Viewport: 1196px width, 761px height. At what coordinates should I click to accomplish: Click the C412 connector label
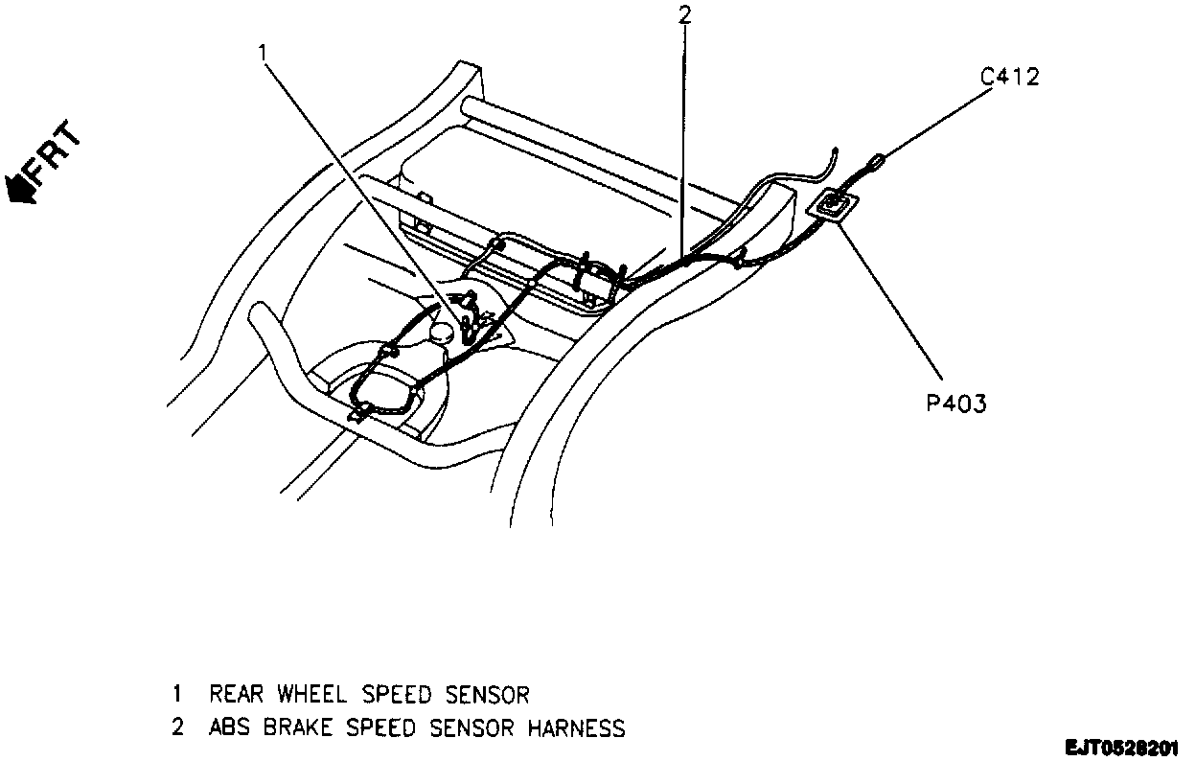1010,77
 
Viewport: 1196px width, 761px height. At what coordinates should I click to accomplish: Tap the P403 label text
956,404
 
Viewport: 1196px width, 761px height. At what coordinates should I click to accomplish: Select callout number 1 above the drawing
263,54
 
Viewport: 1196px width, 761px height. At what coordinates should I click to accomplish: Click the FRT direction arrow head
19,187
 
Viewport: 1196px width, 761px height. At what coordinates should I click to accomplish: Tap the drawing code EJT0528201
1123,746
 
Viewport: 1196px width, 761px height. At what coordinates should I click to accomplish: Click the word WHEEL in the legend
312,693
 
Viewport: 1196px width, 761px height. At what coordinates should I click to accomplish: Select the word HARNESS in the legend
577,728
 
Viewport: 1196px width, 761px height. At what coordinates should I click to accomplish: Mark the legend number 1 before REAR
177,693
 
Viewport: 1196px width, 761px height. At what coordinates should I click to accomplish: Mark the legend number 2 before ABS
177,728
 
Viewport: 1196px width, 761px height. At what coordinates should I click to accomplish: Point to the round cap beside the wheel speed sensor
442,333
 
